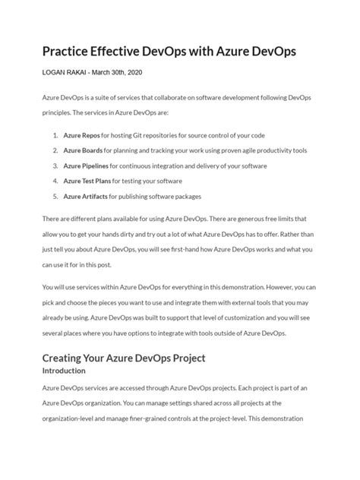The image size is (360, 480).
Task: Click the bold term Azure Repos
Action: [x=84, y=134]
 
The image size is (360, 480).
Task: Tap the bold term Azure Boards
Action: [x=85, y=150]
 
